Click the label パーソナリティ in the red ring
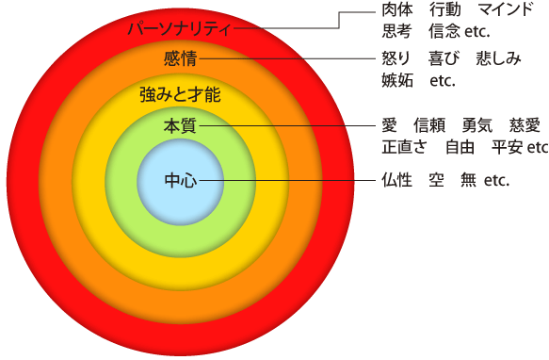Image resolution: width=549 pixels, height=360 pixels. [179, 28]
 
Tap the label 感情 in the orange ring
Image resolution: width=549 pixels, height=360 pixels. [180, 58]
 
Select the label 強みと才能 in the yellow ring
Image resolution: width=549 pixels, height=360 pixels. [180, 94]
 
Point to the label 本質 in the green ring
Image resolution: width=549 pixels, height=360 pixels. [180, 126]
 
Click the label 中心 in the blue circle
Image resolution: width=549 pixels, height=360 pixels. [181, 181]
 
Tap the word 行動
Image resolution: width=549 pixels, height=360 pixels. [445, 9]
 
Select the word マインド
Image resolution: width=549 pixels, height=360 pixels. [506, 9]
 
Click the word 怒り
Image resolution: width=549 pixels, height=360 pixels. [396, 58]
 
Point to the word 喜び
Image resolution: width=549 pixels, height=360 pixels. [444, 58]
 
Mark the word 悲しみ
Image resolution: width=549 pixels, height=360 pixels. [498, 58]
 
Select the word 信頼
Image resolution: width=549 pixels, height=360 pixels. [429, 125]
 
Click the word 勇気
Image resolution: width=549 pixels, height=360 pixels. [476, 125]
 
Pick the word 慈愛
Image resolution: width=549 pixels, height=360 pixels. [525, 125]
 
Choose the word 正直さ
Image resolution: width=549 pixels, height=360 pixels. [404, 147]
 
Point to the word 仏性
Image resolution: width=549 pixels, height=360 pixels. [397, 181]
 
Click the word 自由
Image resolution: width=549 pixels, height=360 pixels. [460, 147]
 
